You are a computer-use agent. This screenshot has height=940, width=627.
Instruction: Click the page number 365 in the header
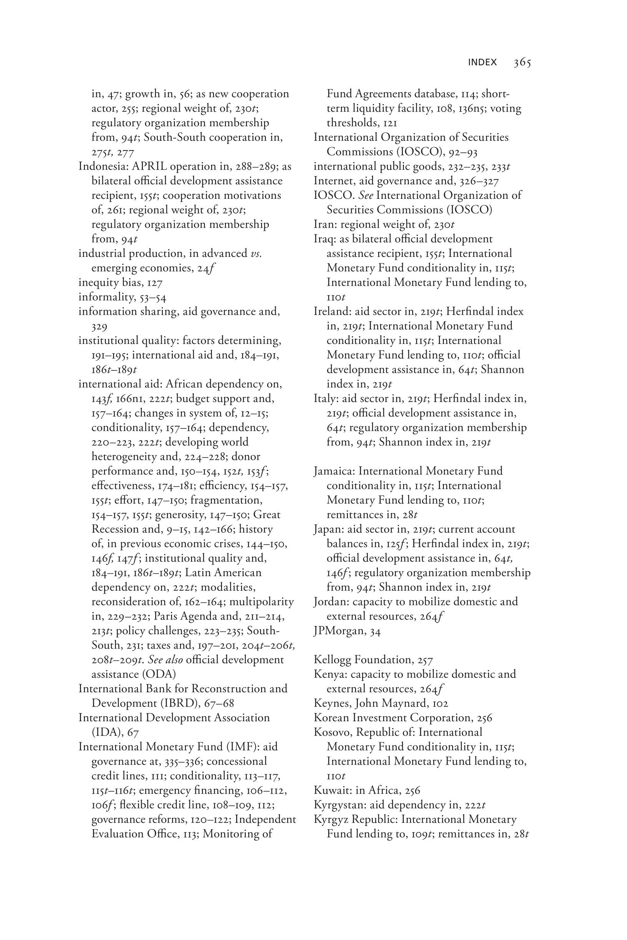pyautogui.click(x=522, y=62)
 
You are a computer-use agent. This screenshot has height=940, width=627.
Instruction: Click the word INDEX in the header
pyautogui.click(x=482, y=62)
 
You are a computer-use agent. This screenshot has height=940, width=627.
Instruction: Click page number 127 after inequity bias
pyautogui.click(x=155, y=283)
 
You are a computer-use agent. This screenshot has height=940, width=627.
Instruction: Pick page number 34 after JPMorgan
pyautogui.click(x=376, y=631)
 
